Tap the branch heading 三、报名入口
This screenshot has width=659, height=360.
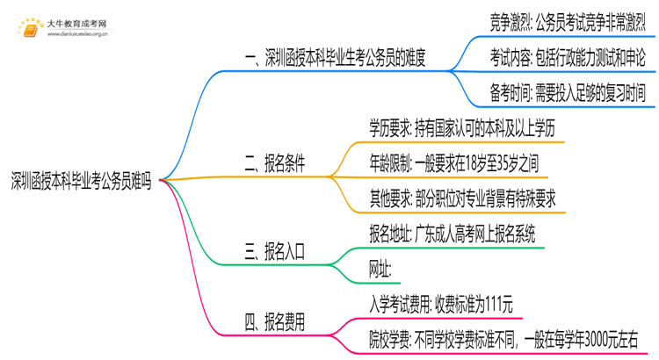click(274, 254)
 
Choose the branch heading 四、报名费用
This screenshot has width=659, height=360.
click(274, 322)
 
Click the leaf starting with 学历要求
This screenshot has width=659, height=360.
click(463, 128)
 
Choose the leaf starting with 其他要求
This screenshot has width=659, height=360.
click(463, 198)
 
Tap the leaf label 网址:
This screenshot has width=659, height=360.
click(381, 269)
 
